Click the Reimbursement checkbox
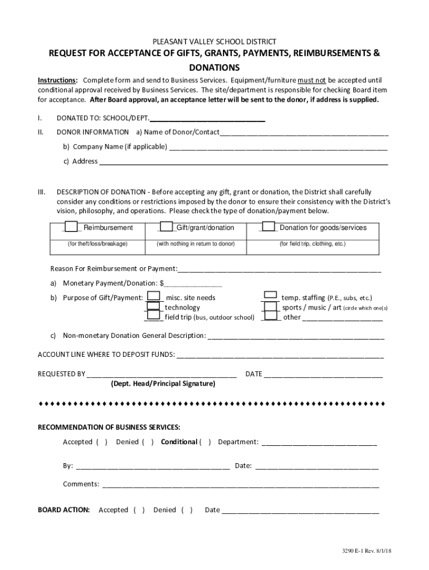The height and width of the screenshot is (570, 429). click(71, 227)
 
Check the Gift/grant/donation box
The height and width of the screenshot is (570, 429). click(166, 227)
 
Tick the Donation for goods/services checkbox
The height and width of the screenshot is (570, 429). click(269, 227)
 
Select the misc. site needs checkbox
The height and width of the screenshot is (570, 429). click(154, 297)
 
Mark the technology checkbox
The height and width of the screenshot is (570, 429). click(154, 307)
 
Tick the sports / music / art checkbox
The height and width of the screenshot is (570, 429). click(270, 307)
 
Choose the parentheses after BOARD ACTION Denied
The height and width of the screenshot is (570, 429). click(187, 510)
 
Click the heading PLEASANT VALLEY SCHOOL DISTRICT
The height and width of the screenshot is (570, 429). click(214, 42)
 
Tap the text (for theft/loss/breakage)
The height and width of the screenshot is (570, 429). click(97, 244)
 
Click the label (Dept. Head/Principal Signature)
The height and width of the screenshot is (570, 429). click(163, 384)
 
